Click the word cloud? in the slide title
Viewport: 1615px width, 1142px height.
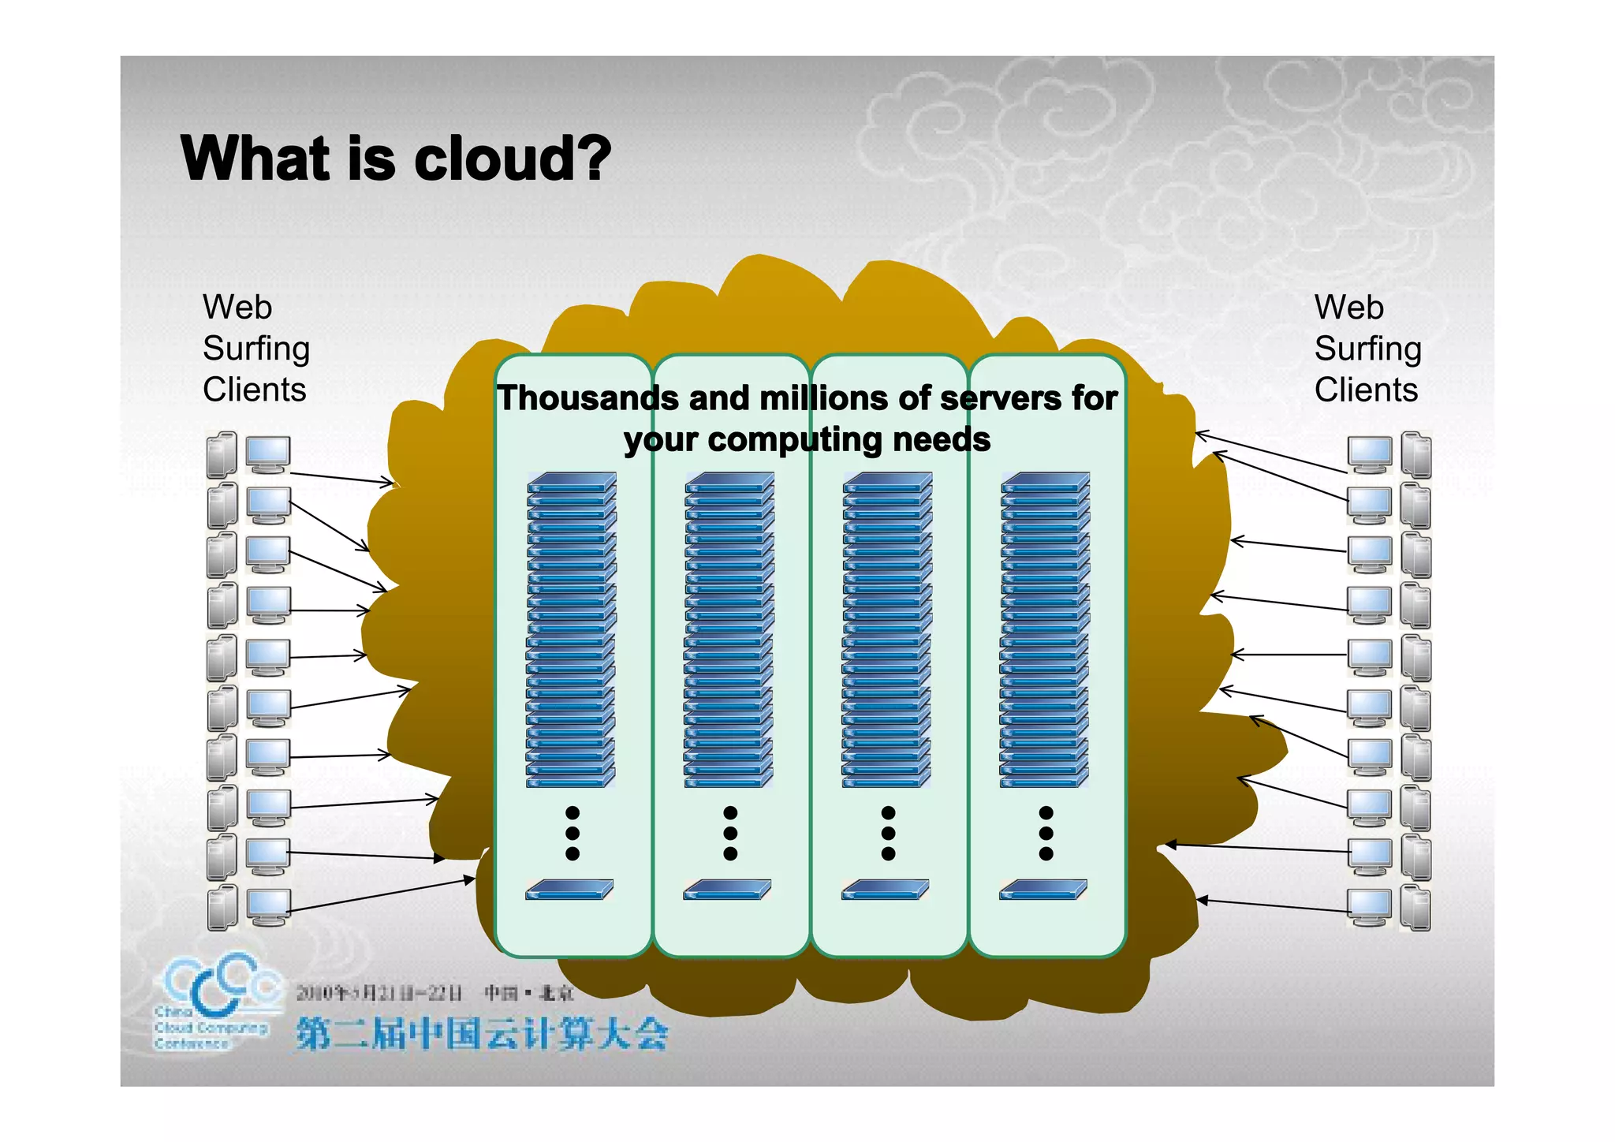(x=513, y=159)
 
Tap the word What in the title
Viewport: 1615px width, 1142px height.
(x=254, y=159)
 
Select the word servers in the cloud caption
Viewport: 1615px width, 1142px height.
(x=1001, y=398)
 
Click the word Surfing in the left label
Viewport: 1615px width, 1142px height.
(x=256, y=349)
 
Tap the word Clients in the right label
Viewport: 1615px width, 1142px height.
(x=1366, y=390)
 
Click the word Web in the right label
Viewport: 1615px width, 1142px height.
(x=1348, y=308)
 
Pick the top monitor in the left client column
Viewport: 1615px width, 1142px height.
(x=268, y=455)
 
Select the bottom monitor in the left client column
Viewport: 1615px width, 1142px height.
(x=268, y=907)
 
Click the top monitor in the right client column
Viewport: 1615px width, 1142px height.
(x=1369, y=455)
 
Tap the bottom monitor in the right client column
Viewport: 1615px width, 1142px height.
(x=1369, y=907)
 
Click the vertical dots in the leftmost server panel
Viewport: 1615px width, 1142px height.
(x=573, y=833)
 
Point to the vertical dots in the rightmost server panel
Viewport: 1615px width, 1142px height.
(x=1046, y=833)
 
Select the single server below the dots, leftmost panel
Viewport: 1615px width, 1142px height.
(x=569, y=890)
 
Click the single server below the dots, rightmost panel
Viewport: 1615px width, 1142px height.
(x=1043, y=890)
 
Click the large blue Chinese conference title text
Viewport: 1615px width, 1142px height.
(x=483, y=1034)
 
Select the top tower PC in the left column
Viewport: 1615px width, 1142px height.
(x=222, y=454)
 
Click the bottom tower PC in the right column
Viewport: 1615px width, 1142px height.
(x=1415, y=907)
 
